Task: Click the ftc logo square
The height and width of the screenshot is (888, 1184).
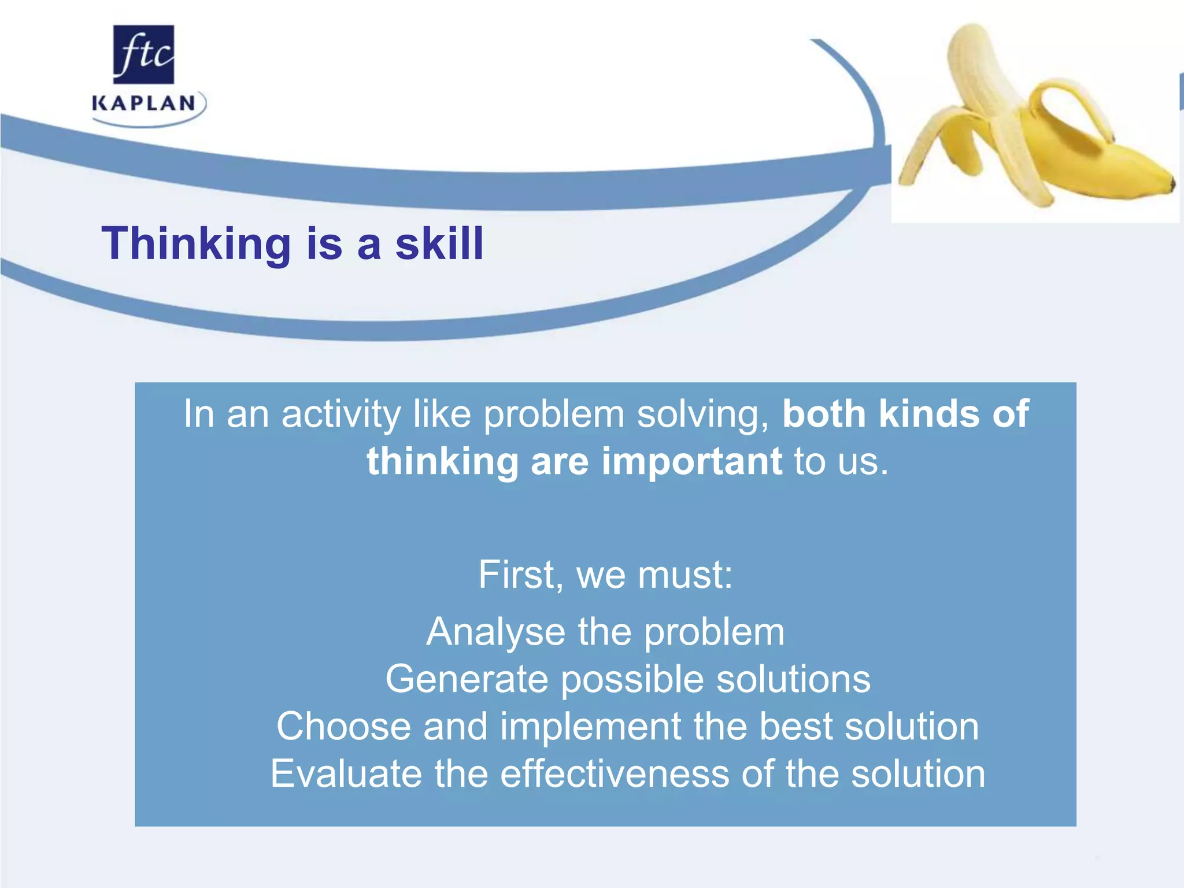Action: point(143,54)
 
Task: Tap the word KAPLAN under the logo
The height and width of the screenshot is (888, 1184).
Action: point(143,104)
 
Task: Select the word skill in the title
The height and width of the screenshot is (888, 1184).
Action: point(439,244)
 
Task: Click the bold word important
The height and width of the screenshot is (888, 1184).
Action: point(692,461)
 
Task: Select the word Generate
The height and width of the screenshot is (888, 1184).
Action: point(466,679)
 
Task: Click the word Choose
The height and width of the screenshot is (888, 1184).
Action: point(343,726)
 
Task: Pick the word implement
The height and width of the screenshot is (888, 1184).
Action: point(590,726)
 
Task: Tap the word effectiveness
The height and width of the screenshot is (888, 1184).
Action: point(615,774)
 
